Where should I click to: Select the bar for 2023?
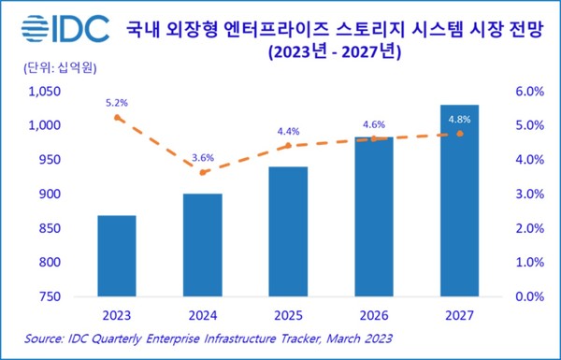click(x=117, y=255)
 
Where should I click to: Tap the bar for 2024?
click(x=203, y=245)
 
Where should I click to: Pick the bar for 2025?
click(x=288, y=231)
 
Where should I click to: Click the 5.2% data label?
click(x=117, y=101)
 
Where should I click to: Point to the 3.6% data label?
click(x=203, y=156)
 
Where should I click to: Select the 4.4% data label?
click(x=288, y=130)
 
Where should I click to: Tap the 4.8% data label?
click(x=459, y=119)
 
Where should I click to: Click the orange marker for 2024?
click(x=203, y=173)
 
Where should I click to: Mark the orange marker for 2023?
click(x=117, y=118)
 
